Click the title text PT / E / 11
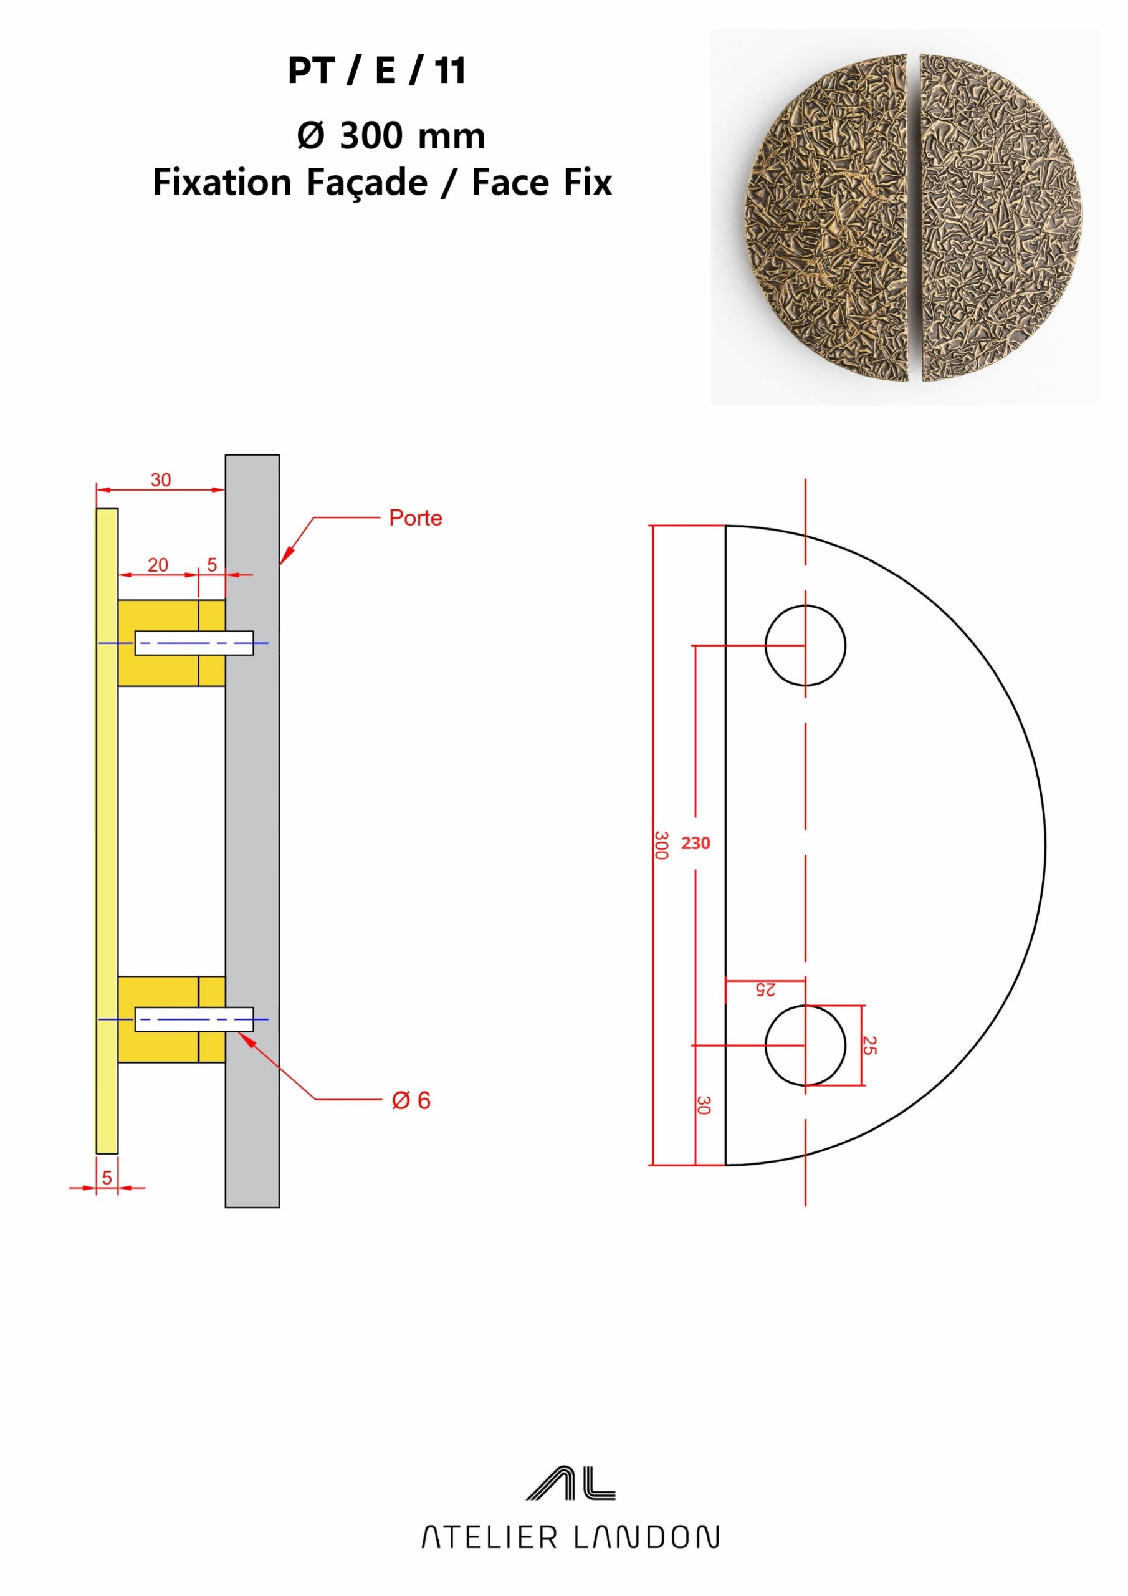[376, 70]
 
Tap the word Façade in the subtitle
[367, 183]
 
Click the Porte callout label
[416, 518]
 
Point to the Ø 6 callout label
[411, 1100]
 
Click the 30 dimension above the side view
[161, 479]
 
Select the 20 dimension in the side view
[158, 564]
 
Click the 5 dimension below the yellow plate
[107, 1178]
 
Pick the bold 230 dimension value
[695, 843]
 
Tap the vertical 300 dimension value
[662, 845]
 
